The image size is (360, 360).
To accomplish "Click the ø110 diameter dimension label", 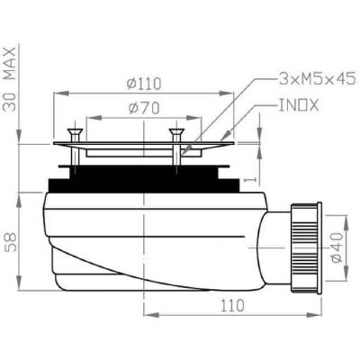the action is point(144,84).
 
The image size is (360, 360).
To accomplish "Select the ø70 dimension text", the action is point(144,108).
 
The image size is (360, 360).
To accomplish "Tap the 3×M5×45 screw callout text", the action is point(317,79).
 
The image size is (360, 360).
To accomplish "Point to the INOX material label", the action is point(299,105).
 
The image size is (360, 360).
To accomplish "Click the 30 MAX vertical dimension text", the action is point(10,79).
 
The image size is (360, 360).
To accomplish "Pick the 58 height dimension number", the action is point(11,242).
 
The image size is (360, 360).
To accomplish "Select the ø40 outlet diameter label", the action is point(337,247).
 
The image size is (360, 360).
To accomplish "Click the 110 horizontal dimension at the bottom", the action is point(232,306).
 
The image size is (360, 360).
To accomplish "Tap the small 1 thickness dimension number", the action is point(252,179).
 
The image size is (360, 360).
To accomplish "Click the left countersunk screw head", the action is point(75,131).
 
